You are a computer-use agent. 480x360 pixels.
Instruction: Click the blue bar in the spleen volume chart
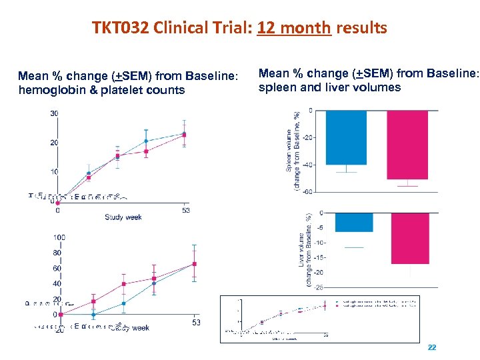tap(346, 137)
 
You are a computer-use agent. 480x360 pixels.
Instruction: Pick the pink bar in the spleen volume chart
tap(407, 145)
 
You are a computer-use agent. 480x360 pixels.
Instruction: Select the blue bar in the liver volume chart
tap(354, 222)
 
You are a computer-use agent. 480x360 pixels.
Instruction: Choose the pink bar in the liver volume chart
tap(410, 238)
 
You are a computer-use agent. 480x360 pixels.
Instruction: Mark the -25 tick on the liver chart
tap(319, 287)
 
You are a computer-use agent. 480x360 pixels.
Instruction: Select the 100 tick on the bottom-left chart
tap(59, 237)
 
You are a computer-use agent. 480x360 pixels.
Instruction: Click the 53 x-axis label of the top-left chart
tap(186, 211)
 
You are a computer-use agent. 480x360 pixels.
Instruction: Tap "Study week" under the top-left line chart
tap(123, 217)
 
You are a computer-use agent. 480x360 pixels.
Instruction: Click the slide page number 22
tap(431, 348)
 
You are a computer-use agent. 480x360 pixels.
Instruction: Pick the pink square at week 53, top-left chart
tap(184, 135)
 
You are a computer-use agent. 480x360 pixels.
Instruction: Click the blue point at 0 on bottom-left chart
tap(93, 314)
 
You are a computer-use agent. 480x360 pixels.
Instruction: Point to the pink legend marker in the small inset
tap(338, 307)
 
